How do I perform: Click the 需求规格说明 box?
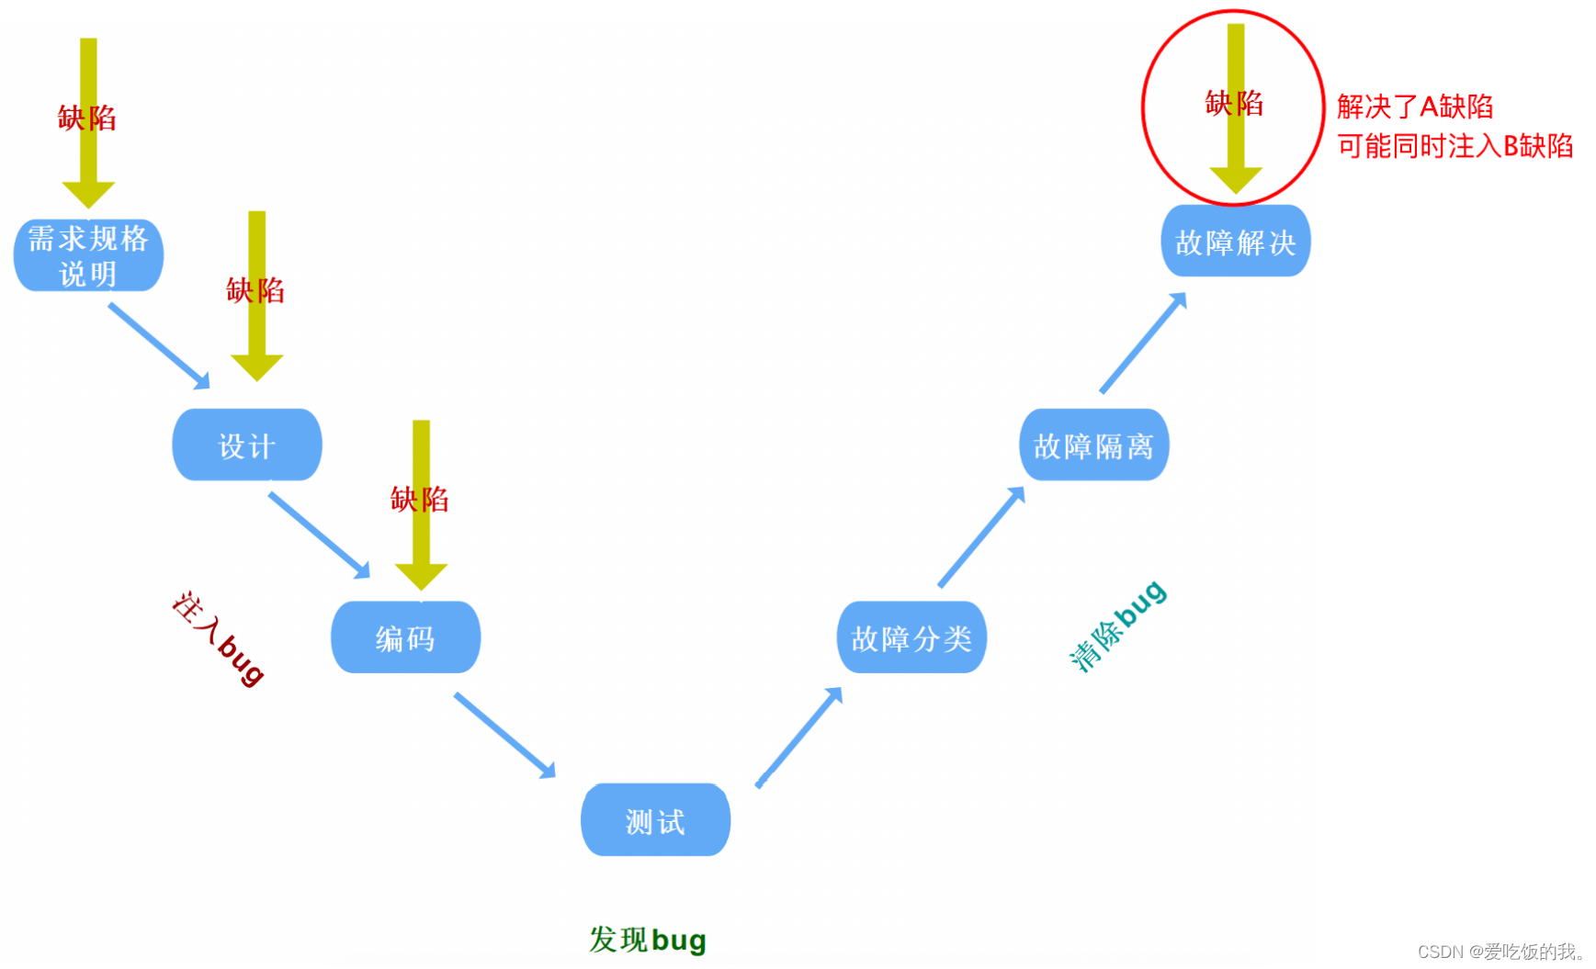[88, 255]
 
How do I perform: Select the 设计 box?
[247, 445]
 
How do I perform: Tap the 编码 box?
[405, 637]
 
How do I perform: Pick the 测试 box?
[655, 820]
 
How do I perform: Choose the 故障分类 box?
[911, 637]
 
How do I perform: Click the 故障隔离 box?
[1093, 445]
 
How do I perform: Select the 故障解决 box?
[1236, 242]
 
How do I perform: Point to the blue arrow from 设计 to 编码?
[319, 535]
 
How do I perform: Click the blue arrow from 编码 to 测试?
[504, 735]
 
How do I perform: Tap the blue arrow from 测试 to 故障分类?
[798, 737]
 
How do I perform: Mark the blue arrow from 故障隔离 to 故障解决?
[1143, 343]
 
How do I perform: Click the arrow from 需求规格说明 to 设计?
[159, 345]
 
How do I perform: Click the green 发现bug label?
[648, 940]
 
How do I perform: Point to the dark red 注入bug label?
[219, 637]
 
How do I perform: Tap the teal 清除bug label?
[1117, 625]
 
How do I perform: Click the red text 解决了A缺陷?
[1415, 107]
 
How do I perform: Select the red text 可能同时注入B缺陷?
[1455, 146]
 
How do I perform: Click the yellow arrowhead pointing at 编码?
[421, 576]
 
